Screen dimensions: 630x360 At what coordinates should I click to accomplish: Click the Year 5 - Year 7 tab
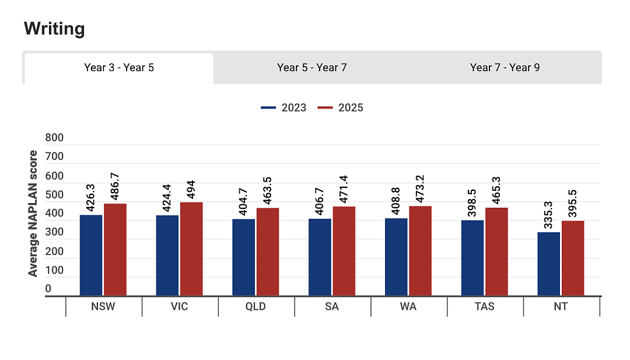(x=311, y=68)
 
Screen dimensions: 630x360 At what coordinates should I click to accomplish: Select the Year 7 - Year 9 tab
(x=505, y=68)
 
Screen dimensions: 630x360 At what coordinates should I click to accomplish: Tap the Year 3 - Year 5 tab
(x=119, y=68)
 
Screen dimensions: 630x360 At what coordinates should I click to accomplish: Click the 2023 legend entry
(x=283, y=108)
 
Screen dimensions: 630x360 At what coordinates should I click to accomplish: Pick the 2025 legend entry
(x=340, y=108)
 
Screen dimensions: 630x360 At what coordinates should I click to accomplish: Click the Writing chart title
(x=54, y=29)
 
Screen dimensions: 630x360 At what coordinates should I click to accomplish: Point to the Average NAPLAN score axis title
(x=33, y=214)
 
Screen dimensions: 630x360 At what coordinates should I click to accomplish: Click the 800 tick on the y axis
(x=54, y=138)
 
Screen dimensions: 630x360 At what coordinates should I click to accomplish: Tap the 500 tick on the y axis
(x=54, y=194)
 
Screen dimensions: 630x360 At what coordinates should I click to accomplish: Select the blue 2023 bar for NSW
(x=91, y=256)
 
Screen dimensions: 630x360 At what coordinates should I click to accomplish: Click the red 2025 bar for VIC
(x=191, y=249)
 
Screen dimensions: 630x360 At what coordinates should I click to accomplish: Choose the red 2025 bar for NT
(x=573, y=258)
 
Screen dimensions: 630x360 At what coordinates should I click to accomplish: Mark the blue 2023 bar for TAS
(x=473, y=258)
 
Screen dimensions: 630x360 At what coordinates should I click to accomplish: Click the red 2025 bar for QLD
(x=268, y=252)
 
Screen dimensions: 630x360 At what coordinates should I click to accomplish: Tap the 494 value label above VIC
(x=191, y=189)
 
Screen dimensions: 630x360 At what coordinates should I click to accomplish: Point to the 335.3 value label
(x=548, y=215)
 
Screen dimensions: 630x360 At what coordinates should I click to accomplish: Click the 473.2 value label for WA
(x=420, y=189)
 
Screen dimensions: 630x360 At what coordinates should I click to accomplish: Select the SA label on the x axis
(x=332, y=306)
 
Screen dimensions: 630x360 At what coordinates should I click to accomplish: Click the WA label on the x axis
(x=408, y=306)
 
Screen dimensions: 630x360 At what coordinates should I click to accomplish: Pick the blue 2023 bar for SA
(x=320, y=257)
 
